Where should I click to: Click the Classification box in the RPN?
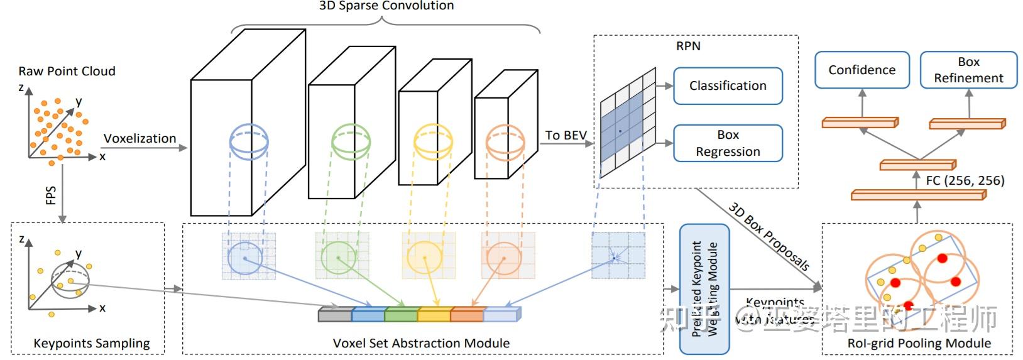coord(728,85)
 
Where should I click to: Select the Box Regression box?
coord(728,143)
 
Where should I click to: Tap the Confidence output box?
coord(862,70)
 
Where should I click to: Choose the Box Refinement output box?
coord(968,70)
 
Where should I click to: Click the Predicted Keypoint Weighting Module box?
coord(704,290)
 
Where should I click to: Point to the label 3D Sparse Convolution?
coord(386,6)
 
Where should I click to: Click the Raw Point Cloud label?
coord(67,71)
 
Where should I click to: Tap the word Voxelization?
coord(139,138)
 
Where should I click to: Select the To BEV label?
coord(566,135)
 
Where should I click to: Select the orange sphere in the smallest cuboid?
coord(505,143)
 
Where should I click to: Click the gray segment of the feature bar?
coord(335,314)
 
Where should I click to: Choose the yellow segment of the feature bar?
coord(434,314)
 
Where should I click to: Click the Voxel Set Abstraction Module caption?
coord(421,343)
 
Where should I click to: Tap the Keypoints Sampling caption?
coord(91,343)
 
